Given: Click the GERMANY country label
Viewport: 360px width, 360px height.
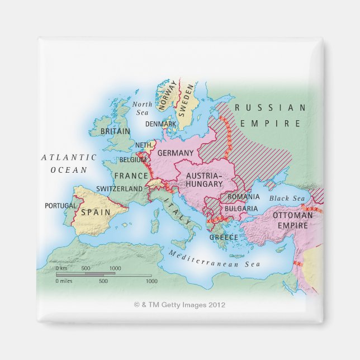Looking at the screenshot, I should [x=176, y=153].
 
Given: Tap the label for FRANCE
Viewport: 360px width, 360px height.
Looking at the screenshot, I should [x=131, y=176].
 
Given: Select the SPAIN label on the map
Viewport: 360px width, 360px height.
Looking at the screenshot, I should [x=96, y=212].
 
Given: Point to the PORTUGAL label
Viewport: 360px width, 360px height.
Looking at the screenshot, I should [x=60, y=206].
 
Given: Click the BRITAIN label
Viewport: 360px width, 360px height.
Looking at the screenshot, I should [x=115, y=131].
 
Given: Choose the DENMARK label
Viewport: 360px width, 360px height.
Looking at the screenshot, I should [x=161, y=124].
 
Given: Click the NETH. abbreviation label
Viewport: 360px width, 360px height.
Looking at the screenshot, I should [x=144, y=145].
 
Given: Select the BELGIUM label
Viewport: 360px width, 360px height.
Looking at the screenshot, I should [x=133, y=160].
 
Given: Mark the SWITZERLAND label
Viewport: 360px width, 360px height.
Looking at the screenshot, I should [x=119, y=189].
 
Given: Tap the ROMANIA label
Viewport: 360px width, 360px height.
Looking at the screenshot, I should [x=243, y=197].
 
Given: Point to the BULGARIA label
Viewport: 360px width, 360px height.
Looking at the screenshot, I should [x=241, y=209].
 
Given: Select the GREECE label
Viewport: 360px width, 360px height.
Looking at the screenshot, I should [x=224, y=237].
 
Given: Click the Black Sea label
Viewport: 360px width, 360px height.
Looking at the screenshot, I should [x=287, y=198].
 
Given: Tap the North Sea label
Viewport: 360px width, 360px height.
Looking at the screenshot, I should [x=142, y=108].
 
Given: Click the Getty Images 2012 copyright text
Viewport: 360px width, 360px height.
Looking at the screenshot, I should [x=179, y=305].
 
